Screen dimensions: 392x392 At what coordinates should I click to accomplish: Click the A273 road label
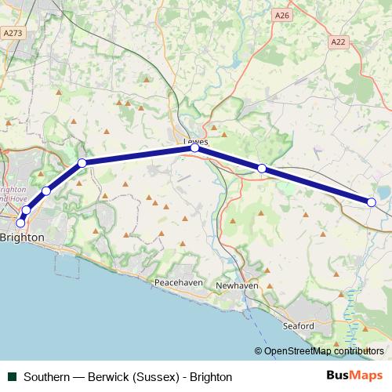(x=12, y=33)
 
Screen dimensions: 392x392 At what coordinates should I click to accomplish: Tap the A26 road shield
(x=282, y=15)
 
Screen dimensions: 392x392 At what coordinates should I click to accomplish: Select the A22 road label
(x=338, y=42)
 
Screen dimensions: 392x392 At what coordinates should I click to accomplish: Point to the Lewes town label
(x=195, y=141)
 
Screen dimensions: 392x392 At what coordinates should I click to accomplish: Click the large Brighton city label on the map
(x=22, y=236)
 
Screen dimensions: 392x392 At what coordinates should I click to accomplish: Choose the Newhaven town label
(x=236, y=286)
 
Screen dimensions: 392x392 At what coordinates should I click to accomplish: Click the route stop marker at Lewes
(x=195, y=147)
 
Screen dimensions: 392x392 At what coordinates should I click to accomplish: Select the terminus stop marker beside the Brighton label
(x=20, y=223)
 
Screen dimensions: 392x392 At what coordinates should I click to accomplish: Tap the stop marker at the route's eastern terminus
(x=372, y=202)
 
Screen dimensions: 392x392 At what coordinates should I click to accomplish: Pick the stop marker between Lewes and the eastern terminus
(x=262, y=168)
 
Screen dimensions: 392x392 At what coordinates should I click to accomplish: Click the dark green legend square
(x=12, y=376)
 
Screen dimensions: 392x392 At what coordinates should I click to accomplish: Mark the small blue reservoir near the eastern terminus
(x=383, y=191)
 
